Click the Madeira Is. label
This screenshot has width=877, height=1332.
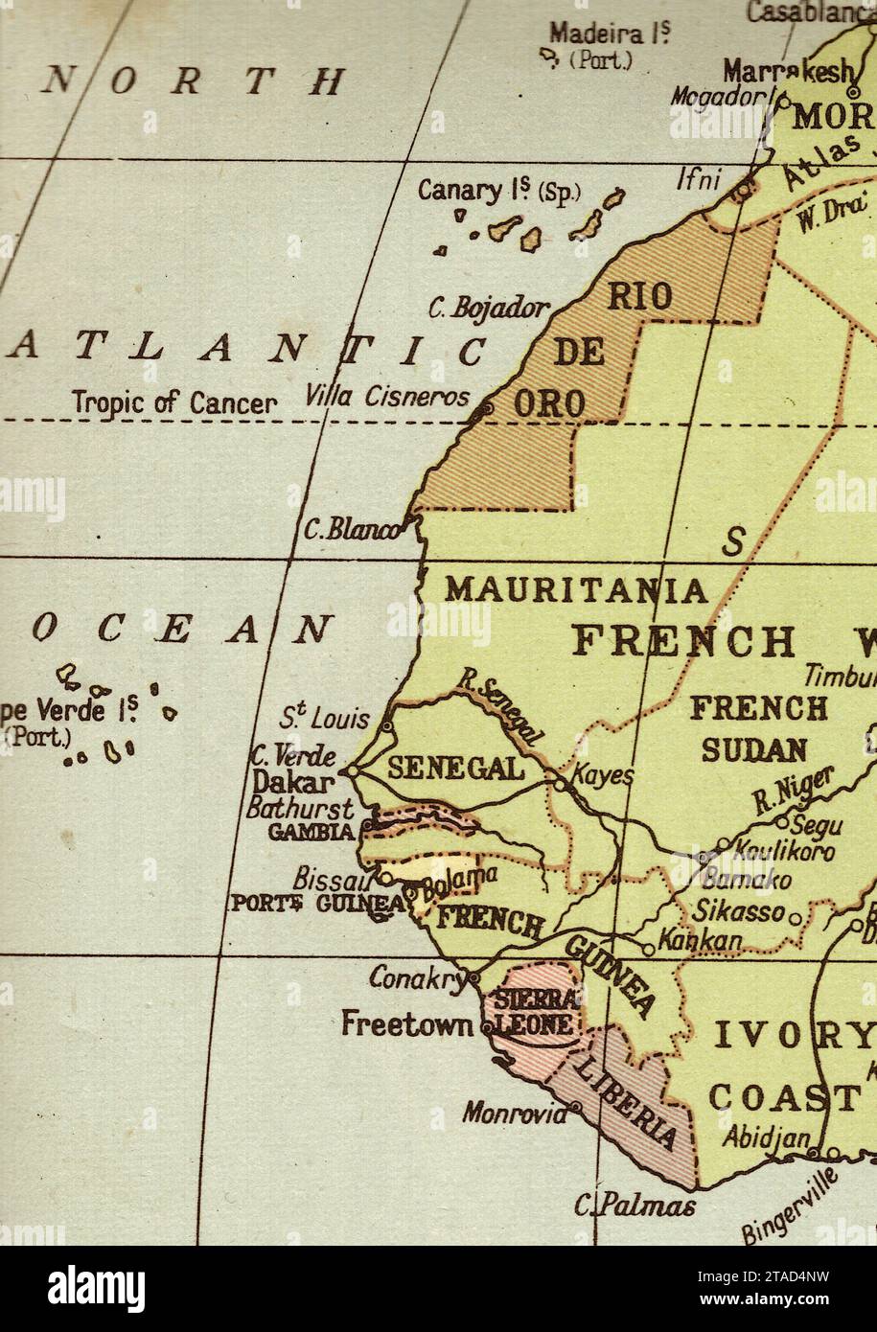tap(610, 34)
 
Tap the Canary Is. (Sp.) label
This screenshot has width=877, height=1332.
tap(498, 191)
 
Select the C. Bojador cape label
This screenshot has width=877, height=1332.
tap(489, 309)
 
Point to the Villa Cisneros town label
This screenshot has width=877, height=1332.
tap(387, 396)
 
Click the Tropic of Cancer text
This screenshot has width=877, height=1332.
tap(174, 403)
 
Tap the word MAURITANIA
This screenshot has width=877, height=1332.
tap(576, 589)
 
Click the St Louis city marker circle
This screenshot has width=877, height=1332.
tap(387, 727)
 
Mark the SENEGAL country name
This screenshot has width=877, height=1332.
tap(455, 769)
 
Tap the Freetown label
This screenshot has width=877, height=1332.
tap(407, 1024)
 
